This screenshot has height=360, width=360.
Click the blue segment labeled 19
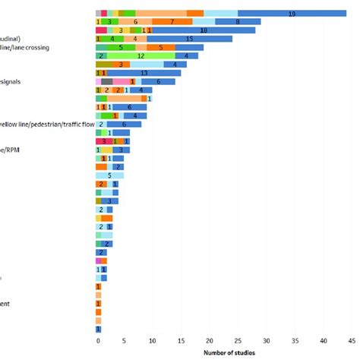point(292,14)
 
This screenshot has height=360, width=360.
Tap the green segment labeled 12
point(141,55)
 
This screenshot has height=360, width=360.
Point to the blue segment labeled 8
point(237,22)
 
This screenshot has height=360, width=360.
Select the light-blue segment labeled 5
point(109,175)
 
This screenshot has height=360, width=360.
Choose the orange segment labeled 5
point(160,47)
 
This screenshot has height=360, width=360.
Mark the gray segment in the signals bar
point(106,81)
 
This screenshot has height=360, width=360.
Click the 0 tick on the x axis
point(97,341)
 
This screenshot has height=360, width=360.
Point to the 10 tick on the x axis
point(152,341)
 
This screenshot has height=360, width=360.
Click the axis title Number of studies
point(229,353)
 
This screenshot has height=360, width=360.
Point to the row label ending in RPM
point(12,150)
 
